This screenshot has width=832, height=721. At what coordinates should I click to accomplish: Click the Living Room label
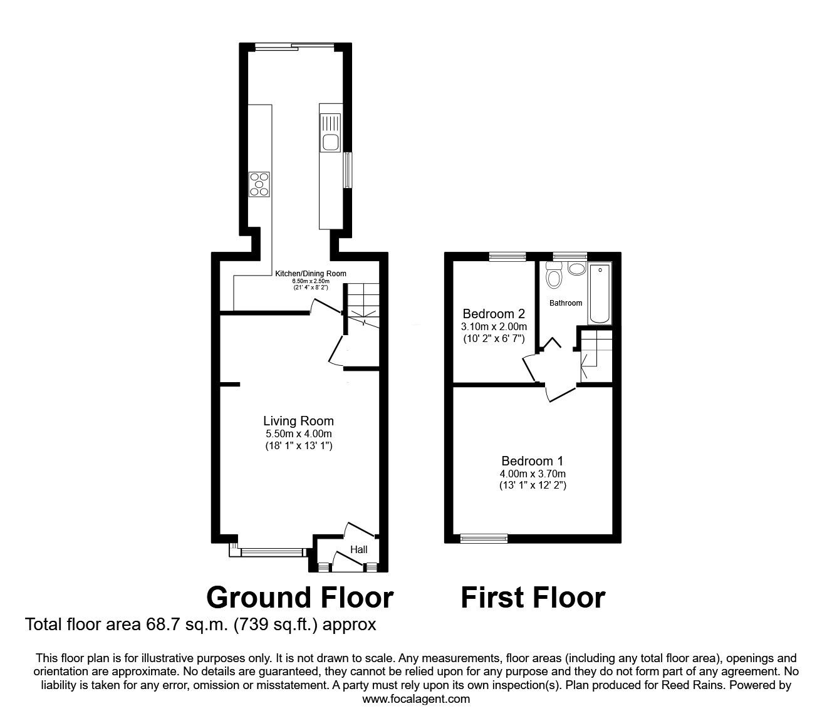tap(298, 421)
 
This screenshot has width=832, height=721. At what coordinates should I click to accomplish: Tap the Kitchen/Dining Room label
tap(311, 274)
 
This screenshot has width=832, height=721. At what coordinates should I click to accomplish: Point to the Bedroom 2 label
tap(494, 314)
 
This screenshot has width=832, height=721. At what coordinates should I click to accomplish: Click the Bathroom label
tap(566, 303)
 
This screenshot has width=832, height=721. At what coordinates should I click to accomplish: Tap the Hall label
tap(358, 549)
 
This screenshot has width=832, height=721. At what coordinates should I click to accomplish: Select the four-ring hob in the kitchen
tap(259, 184)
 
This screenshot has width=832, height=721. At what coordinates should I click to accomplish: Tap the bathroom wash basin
tap(576, 269)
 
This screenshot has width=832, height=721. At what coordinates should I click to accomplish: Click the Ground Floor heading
tap(299, 598)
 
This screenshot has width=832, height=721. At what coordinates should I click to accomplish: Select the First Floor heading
tap(533, 598)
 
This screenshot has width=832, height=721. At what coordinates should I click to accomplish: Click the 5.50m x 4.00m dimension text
tap(298, 434)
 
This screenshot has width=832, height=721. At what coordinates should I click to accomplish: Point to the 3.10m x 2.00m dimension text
tap(494, 326)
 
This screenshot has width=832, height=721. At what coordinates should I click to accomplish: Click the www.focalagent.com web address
tap(416, 699)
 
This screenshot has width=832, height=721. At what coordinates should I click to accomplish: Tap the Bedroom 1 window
tap(483, 537)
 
